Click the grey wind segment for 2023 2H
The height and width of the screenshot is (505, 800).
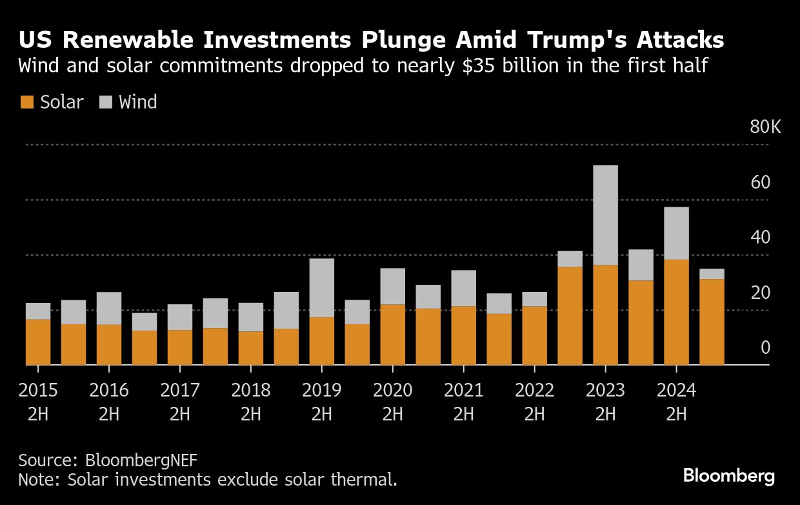605,215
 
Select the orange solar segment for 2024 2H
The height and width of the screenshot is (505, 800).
676,312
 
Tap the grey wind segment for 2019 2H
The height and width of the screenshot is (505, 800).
321,287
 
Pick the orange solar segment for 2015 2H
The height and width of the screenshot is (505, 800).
38,342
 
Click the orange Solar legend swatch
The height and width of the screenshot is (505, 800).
26,102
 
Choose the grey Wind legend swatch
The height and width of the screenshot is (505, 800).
106,102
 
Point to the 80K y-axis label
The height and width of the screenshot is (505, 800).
765,127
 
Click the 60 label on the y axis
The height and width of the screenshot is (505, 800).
761,182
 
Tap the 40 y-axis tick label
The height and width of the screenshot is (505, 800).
761,238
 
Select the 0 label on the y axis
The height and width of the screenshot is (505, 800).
766,348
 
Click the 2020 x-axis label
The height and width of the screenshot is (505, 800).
392,391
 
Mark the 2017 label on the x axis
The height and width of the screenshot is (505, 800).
179,391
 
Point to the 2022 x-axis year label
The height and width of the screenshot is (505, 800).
534,391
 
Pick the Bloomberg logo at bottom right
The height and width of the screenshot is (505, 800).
729,477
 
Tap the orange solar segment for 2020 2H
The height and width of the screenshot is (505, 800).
392,335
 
